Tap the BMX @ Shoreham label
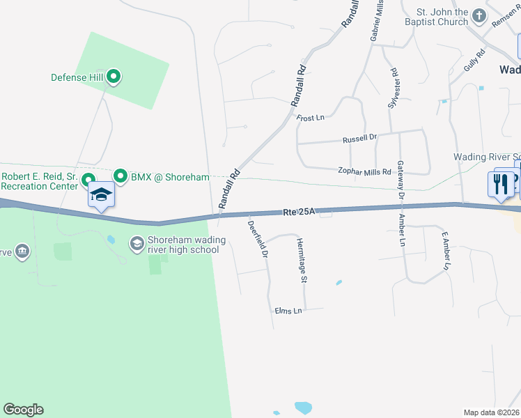point(170,177)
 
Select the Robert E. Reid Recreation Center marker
point(88,180)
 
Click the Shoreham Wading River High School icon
point(137,243)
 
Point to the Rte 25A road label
point(300,211)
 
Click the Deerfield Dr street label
point(258,240)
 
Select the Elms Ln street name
point(288,310)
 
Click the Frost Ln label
point(311,118)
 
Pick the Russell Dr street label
point(359,139)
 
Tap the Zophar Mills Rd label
point(364,170)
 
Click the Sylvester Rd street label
point(393,87)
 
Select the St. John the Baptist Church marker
point(479,15)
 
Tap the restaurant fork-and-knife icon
point(500,184)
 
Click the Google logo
point(23,409)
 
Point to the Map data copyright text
point(491,412)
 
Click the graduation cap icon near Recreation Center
point(101,194)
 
